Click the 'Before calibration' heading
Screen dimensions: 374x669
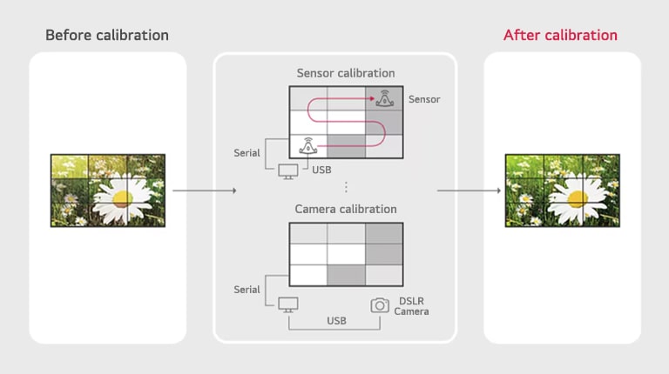click(107, 36)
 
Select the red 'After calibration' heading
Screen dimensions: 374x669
click(560, 36)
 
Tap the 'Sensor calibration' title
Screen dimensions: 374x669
click(346, 73)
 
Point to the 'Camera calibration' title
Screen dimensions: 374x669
click(346, 209)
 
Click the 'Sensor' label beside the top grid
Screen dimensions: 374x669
click(424, 99)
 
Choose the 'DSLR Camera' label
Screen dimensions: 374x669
click(411, 305)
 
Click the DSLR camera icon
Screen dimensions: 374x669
click(380, 305)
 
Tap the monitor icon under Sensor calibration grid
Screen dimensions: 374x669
click(287, 170)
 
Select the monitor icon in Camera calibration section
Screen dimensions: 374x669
click(287, 305)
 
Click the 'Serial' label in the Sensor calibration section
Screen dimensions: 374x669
click(247, 153)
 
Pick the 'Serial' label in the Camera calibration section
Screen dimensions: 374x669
click(247, 289)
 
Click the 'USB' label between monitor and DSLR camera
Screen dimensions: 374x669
click(336, 321)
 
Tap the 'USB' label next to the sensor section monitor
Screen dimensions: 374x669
click(322, 169)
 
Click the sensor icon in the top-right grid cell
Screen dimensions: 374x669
click(384, 98)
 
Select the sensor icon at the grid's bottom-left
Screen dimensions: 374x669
click(307, 146)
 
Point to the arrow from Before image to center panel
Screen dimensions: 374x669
click(204, 190)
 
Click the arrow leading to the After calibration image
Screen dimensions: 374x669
click(468, 190)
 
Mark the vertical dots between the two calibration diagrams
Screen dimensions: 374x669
click(346, 187)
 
